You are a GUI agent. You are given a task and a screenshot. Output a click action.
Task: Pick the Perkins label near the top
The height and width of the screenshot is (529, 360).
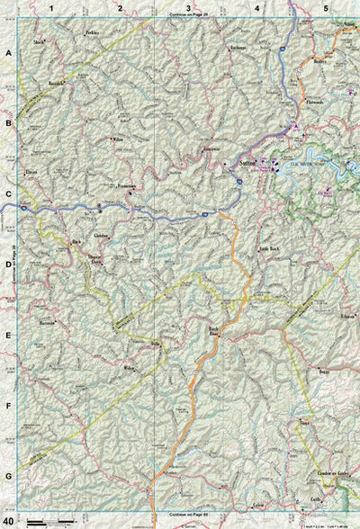91,32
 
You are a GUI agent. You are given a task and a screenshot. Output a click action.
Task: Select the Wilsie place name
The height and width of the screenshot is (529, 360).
118,140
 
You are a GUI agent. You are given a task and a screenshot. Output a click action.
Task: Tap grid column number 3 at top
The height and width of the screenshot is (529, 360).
188,8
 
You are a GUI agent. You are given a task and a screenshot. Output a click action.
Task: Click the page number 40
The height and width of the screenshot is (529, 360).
8,520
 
